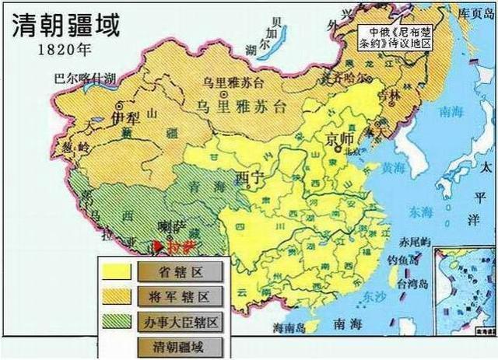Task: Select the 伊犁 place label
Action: tap(126, 117)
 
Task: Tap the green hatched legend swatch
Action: tap(115, 321)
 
